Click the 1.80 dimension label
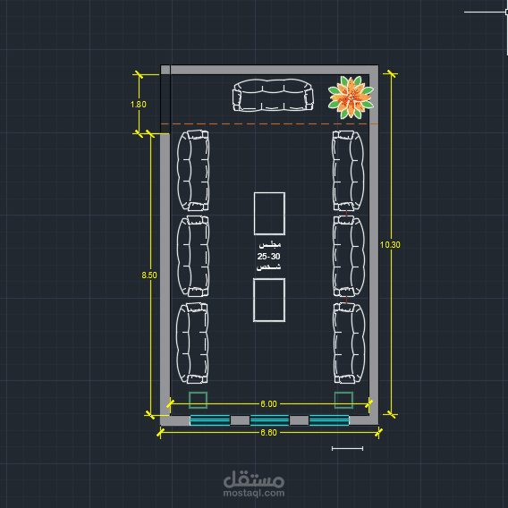138,105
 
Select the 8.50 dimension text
149,275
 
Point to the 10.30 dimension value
390,244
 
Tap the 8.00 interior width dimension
268,403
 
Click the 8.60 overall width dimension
268,433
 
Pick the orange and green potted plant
351,97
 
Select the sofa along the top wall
273,95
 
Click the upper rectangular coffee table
269,214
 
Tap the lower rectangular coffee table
269,300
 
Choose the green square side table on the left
198,400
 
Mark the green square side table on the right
343,400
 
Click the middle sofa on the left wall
193,256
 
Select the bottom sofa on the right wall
349,343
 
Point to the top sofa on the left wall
193,171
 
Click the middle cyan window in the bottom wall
269,419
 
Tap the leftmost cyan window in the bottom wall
210,419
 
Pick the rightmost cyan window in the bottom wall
329,419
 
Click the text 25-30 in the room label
268,257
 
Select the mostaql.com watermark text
254,493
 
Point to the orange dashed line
269,123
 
